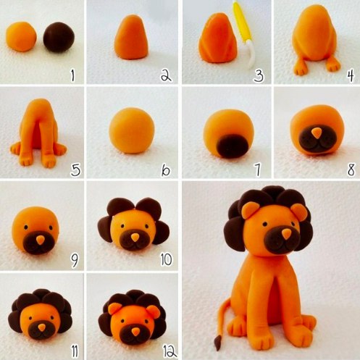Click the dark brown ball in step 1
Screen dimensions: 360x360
(x=59, y=37)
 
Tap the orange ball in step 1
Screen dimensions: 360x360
(x=21, y=36)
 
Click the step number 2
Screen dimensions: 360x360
(x=166, y=75)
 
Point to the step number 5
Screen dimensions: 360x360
(x=75, y=169)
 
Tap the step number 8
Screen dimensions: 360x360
(x=351, y=169)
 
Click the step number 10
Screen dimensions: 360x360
(x=167, y=259)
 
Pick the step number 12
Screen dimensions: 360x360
(x=170, y=351)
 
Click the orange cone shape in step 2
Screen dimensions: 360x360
(x=132, y=37)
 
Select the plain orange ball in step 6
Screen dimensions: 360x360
(x=132, y=130)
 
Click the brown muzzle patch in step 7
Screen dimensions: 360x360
(x=233, y=146)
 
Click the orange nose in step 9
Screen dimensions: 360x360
(x=41, y=240)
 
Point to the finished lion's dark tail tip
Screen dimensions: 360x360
(x=218, y=343)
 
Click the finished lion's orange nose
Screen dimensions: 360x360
(x=287, y=234)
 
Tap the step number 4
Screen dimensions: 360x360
(x=351, y=75)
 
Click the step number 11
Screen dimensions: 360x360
(x=75, y=351)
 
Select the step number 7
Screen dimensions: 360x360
(x=258, y=169)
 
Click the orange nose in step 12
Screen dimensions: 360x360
(x=135, y=332)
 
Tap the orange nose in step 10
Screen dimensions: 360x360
(x=135, y=237)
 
